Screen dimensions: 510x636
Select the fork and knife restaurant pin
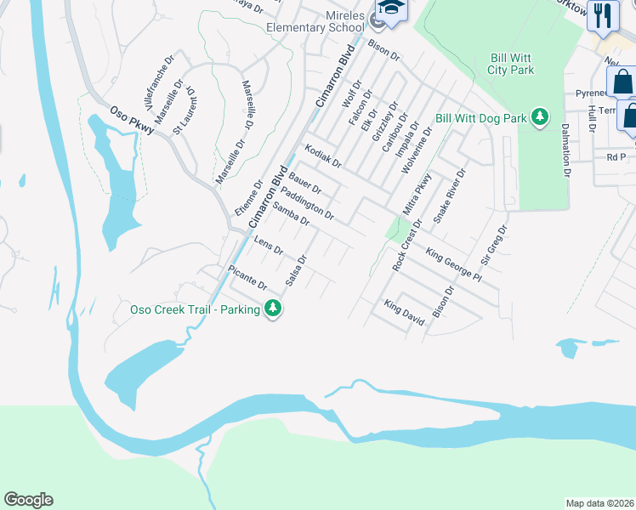pos(604,15)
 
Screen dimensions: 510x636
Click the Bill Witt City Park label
pos(512,64)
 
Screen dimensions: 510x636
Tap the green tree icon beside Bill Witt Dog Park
pos(540,118)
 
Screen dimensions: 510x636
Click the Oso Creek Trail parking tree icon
pos(273,309)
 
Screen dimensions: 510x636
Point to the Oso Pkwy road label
pos(134,120)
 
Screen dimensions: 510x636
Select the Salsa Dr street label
pos(297,270)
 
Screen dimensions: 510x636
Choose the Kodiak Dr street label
pos(323,156)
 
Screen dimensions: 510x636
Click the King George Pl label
pos(454,264)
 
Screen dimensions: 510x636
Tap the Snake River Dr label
pos(451,195)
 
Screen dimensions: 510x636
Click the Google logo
pos(28,500)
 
